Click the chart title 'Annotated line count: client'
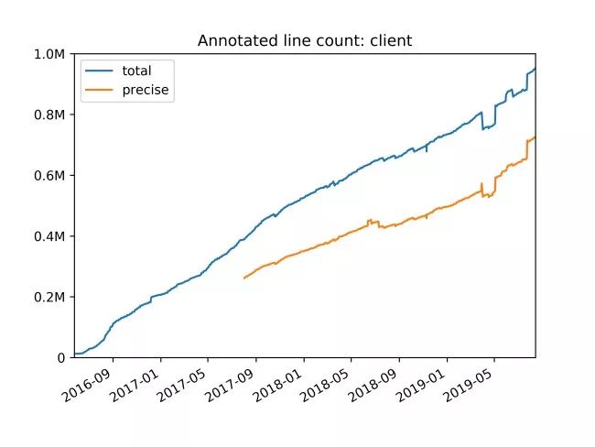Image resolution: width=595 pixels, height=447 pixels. coord(305,41)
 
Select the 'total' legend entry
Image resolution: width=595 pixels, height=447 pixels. coord(136,71)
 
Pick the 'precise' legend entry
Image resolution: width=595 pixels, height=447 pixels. coord(146,90)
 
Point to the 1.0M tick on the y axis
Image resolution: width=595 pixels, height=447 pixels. coord(49,54)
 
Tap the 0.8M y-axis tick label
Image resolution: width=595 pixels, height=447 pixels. coord(49,114)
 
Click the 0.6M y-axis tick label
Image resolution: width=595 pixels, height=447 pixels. coord(49,175)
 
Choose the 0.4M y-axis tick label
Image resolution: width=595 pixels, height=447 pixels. coord(49,235)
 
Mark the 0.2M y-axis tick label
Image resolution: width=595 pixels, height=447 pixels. coord(49,297)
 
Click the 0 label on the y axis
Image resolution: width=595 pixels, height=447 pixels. coord(60,357)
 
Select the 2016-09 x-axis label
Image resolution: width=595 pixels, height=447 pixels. coord(92,387)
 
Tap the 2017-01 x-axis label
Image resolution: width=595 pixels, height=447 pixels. coord(140,387)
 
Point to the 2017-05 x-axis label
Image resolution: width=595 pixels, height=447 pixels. coord(188,387)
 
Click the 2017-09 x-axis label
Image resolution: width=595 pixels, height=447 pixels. coord(236,387)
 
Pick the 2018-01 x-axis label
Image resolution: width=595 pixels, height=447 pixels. coord(284,387)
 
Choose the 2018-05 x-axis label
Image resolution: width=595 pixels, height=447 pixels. coord(331,387)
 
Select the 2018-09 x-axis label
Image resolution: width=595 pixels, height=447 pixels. coord(379,387)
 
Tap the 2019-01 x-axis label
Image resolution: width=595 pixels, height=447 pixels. coord(427,387)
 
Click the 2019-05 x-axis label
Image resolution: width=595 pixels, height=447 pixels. coord(475,387)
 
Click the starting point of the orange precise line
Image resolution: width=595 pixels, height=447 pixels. coord(243,278)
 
